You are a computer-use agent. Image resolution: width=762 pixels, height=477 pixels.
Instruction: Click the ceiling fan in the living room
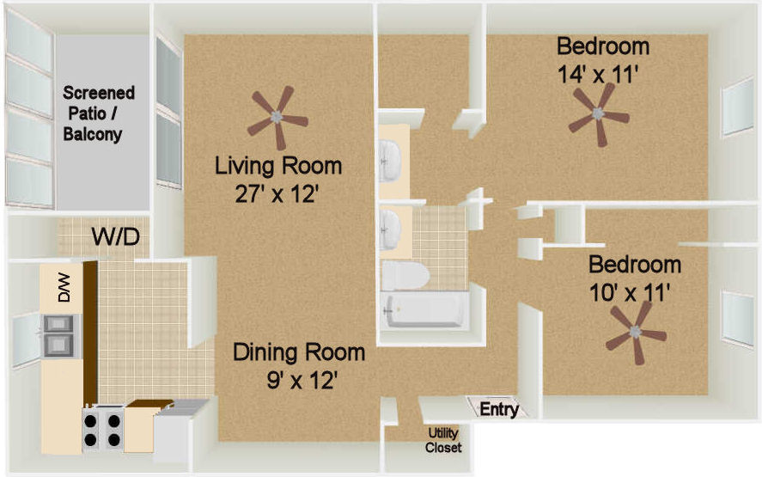tap(277, 117)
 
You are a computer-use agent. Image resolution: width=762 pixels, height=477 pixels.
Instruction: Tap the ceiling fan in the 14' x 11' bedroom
tap(598, 114)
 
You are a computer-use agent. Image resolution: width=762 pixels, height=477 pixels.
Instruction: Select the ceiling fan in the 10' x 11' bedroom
tap(635, 332)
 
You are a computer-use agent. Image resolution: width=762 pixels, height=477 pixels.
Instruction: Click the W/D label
tap(116, 237)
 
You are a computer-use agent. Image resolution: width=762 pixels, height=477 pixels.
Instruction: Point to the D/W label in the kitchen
tap(64, 287)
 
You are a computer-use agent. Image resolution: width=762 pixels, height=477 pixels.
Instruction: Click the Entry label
tap(499, 409)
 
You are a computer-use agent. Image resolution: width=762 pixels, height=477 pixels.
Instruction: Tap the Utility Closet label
tap(442, 440)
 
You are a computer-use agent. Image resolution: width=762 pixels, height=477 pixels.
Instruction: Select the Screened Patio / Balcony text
tap(99, 113)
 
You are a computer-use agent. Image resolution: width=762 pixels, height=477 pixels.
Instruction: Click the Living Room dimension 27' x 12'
tap(277, 195)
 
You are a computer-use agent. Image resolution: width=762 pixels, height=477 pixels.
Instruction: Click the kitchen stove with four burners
tap(102, 429)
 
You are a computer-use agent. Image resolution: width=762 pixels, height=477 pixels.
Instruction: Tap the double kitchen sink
tap(58, 335)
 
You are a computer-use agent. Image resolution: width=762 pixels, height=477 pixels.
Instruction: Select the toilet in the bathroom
tap(405, 276)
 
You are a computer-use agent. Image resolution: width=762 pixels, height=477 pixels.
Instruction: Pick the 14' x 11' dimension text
tap(597, 75)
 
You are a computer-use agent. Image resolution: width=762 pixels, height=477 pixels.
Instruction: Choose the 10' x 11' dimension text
tap(630, 293)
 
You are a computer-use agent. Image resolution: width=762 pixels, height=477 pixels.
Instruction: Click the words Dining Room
tap(299, 352)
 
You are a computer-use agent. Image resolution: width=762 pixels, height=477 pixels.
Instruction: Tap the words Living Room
tap(278, 166)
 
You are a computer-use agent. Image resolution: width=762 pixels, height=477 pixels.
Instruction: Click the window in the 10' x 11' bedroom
tap(738, 319)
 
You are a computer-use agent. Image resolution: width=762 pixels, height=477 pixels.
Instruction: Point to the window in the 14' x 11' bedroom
tap(738, 106)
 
